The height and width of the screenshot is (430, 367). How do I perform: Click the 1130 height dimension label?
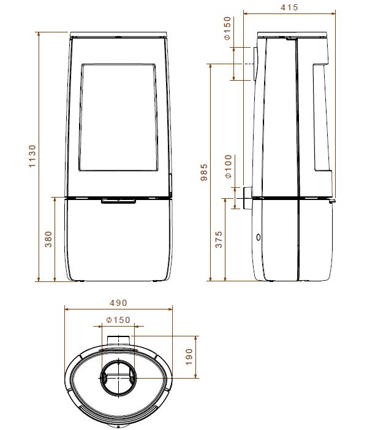[32, 156]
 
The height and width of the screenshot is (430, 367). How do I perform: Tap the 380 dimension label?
[48, 239]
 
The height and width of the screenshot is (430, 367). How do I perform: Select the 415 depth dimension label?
[289, 7]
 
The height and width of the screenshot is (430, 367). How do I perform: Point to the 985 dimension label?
[204, 172]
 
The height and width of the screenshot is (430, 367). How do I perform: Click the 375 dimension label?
[219, 239]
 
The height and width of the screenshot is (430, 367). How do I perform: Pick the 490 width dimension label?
[119, 303]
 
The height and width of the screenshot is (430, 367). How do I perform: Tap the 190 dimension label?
[189, 357]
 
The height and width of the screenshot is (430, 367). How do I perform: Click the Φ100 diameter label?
[229, 166]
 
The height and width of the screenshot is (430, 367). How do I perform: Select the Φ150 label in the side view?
[227, 28]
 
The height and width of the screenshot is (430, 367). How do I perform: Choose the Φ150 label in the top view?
[118, 320]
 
